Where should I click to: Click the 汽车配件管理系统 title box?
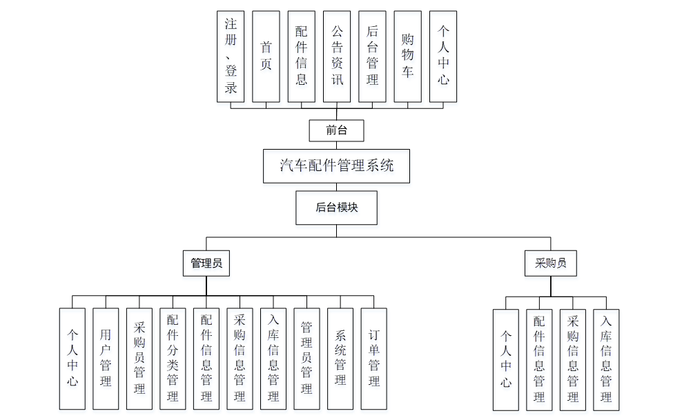[x=336, y=166]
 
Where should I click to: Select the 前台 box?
[x=336, y=130]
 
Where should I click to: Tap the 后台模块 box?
[x=336, y=208]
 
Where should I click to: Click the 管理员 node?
[x=206, y=263]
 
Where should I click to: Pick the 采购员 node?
[x=550, y=263]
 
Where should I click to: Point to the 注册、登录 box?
[x=231, y=57]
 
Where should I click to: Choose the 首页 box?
[x=266, y=57]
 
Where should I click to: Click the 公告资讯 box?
[x=337, y=57]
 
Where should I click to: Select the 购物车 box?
[x=407, y=57]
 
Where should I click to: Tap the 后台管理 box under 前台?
[x=372, y=57]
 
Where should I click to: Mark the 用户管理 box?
[x=106, y=359]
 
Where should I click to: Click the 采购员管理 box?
[x=139, y=359]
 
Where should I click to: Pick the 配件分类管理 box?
[x=173, y=359]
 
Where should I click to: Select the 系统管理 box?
[x=340, y=359]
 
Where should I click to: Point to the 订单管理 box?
[x=374, y=359]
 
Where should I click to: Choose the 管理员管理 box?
[x=306, y=359]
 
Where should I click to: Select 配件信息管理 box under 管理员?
[x=206, y=359]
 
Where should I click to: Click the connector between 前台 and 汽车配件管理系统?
[x=336, y=145]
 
